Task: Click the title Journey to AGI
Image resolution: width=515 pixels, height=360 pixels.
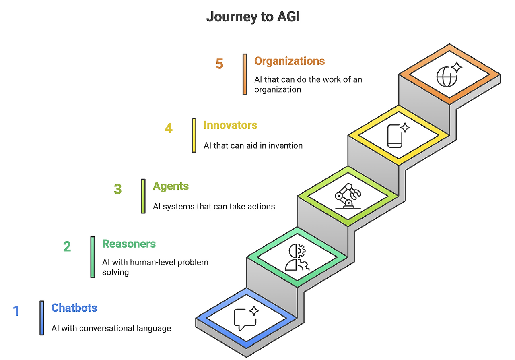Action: coord(253,17)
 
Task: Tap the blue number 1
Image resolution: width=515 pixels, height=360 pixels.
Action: coord(16,311)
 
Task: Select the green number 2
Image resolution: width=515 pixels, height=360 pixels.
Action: coord(67,246)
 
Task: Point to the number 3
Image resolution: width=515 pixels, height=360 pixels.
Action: coord(118,189)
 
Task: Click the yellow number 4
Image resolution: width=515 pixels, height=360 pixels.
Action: coord(169,128)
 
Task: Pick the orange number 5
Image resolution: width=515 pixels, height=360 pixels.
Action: coord(219,64)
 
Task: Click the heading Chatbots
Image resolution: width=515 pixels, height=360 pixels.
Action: coord(74,308)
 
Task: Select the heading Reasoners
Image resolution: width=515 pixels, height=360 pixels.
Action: coord(129,244)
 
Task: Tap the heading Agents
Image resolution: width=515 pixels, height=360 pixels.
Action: coord(171,186)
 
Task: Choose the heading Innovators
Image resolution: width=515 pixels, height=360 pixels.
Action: coord(231,125)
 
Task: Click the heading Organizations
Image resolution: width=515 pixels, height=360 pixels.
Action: coord(289,61)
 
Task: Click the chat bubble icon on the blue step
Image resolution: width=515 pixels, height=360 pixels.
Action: coord(246,318)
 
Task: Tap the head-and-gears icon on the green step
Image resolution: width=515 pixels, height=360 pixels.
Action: coord(297,257)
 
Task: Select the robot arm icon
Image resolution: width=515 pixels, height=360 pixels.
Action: coord(348,196)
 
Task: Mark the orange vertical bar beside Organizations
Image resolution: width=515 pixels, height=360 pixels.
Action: coord(245,74)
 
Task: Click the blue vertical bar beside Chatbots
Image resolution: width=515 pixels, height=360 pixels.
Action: coord(41,318)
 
